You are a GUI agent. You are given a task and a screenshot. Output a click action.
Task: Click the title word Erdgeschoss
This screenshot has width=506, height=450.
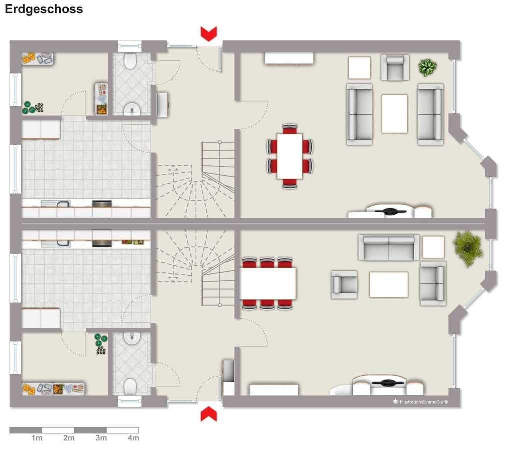pos(44,9)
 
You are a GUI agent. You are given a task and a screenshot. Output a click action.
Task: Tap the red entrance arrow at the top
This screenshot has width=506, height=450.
pos(209,34)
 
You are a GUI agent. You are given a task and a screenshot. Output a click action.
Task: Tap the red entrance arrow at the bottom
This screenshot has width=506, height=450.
pos(209,414)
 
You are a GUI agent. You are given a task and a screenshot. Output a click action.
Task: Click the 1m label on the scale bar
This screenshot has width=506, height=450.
pos(37,438)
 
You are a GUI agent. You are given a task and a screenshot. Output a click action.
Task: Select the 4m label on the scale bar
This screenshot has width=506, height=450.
pos(133,438)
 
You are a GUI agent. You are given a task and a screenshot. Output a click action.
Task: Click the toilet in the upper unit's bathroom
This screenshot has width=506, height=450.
pos(130,60)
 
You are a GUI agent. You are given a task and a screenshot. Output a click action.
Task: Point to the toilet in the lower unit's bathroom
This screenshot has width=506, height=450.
pos(130,386)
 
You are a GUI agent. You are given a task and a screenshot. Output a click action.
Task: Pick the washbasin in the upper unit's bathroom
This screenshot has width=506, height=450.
pos(132,109)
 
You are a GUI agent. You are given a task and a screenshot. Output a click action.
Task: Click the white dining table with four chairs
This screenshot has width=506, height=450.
pos(289,156)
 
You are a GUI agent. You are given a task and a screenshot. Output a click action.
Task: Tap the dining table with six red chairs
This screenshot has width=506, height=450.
pos(268,284)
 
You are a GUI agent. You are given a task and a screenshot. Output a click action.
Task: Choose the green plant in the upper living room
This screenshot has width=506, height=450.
pos(427,67)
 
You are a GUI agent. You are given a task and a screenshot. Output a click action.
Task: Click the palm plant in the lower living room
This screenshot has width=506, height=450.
pos(467,248)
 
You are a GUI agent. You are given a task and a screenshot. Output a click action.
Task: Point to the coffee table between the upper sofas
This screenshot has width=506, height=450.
pos(395,114)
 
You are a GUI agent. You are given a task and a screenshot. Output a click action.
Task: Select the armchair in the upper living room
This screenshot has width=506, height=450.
pos(395,67)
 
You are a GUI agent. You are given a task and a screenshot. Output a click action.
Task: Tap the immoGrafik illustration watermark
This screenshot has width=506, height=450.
pos(421,401)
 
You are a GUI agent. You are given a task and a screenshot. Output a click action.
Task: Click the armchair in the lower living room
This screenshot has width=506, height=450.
pos(344,284)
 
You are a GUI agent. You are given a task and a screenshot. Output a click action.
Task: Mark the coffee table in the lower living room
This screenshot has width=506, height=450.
pos(389,285)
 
